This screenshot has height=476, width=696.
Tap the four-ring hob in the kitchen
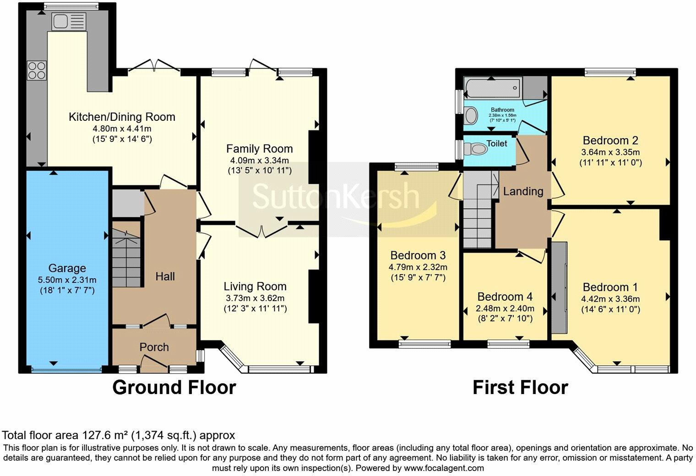point(37,70)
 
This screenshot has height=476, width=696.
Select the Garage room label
point(67,268)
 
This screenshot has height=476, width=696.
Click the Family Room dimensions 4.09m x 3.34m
point(259,161)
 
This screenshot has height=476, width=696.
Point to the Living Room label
point(255,287)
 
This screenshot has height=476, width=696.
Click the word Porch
point(154,347)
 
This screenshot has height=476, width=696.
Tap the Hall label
point(165,276)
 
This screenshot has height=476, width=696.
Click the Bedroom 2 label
point(610,141)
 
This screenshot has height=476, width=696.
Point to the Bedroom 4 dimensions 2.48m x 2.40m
point(505,308)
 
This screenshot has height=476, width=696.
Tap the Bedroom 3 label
point(418,255)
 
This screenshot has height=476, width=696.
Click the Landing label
point(523,191)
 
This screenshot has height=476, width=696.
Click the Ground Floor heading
point(174,388)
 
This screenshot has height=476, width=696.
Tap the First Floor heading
point(520,388)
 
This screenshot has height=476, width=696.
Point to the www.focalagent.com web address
point(444,468)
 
